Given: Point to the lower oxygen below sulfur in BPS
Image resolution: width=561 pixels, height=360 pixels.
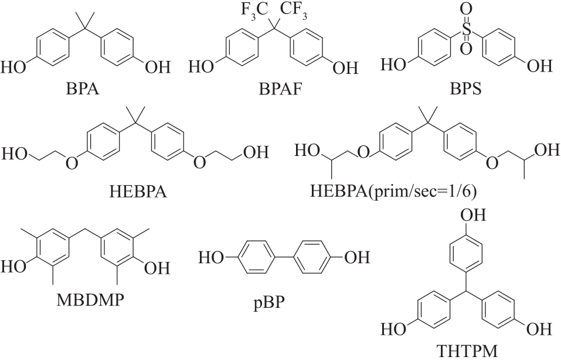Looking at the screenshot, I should click(x=467, y=50).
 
